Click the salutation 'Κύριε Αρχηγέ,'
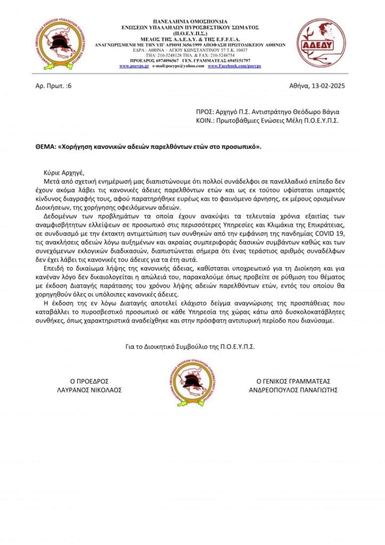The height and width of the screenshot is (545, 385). [x=64, y=172]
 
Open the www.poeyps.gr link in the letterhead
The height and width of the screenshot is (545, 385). [x=134, y=66]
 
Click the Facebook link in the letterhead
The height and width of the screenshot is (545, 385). [x=234, y=66]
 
